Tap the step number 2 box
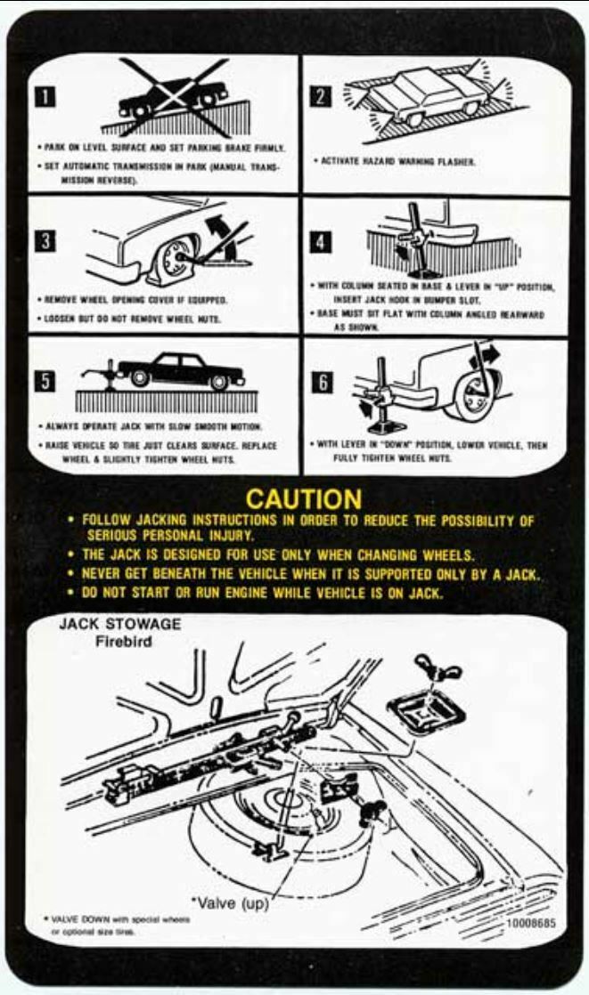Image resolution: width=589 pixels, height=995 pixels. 321,94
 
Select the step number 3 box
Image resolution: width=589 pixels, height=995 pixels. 43,240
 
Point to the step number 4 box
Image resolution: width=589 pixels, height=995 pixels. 321,241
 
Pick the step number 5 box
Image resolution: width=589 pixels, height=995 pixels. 43,382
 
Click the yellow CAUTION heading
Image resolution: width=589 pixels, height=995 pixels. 304,498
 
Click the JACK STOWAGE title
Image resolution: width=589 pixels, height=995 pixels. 119,625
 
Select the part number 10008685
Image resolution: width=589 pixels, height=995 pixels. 531,923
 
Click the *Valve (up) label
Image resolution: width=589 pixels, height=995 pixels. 228,902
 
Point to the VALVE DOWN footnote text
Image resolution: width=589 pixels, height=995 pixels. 116,925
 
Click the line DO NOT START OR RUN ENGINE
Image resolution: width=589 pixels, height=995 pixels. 263,594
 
